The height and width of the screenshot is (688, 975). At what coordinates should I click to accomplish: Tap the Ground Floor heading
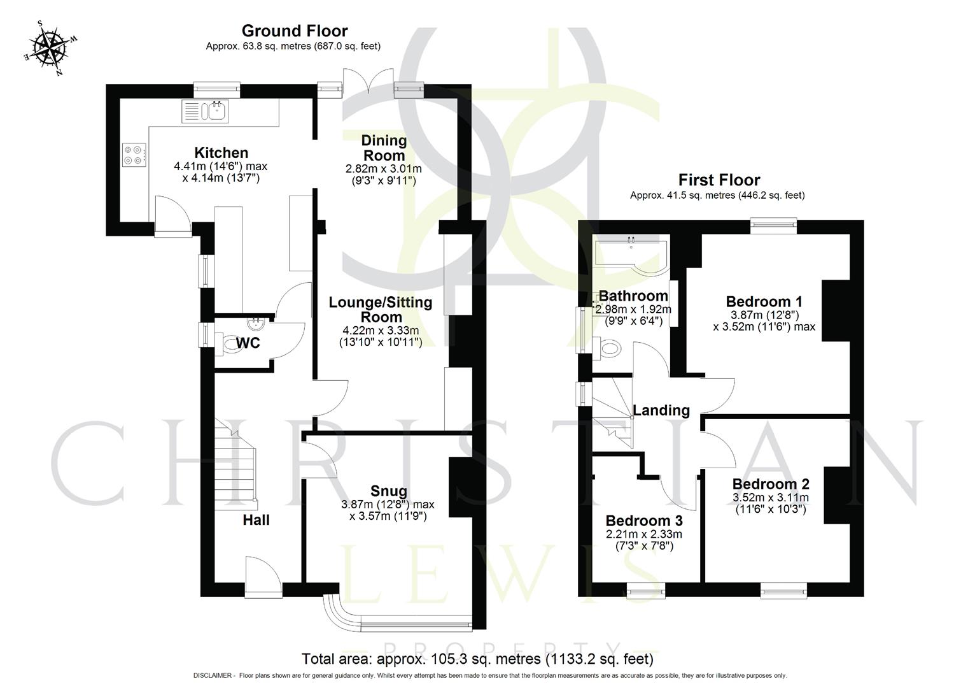click(294, 31)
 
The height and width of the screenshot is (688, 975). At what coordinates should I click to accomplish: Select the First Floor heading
click(719, 180)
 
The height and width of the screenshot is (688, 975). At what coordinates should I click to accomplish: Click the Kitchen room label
click(221, 153)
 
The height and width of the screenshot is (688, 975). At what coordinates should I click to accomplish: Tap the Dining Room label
click(384, 148)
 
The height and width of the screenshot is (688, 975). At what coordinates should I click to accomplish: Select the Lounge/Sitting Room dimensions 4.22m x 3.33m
click(381, 331)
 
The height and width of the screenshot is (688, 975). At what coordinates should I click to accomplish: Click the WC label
click(248, 343)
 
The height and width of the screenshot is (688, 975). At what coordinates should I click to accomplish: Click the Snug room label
click(389, 491)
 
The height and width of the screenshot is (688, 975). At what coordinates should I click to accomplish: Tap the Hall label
click(256, 520)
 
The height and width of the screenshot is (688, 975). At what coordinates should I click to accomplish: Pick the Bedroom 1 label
click(764, 301)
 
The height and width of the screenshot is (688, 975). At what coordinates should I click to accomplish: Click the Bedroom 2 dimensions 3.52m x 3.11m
click(770, 498)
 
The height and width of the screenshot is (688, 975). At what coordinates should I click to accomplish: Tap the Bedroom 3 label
click(644, 520)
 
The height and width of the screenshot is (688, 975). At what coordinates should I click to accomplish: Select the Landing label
click(661, 410)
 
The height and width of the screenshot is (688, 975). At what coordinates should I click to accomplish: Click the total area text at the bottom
click(477, 659)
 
